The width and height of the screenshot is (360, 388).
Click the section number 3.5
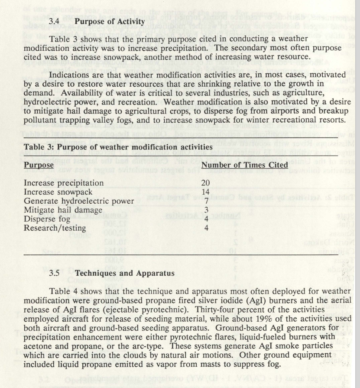[54, 273]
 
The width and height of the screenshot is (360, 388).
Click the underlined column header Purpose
[39, 165]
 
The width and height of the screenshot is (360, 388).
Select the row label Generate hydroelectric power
[79, 201]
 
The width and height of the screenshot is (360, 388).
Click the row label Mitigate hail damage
[63, 210]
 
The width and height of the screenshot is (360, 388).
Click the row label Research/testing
[55, 228]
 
